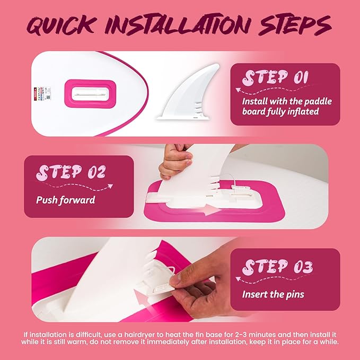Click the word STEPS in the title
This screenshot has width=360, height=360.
coord(295,24)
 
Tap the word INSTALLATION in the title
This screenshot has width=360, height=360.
coord(177,24)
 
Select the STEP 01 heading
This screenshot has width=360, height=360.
coord(275,77)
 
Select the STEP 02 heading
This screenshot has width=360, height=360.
coord(71,172)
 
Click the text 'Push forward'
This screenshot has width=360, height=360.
coord(66,200)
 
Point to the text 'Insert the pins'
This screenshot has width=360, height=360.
coord(273,294)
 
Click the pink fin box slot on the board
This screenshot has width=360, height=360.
coord(90,94)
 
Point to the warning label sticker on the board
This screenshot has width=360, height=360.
coord(42,94)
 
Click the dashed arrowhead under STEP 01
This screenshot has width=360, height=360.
coord(238,90)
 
